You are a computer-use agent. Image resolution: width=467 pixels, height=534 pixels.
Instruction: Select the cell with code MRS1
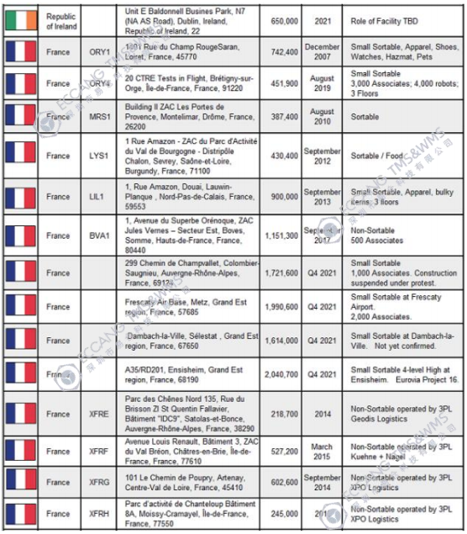pos(100,117)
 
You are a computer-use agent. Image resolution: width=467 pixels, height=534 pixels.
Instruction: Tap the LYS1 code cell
pos(100,156)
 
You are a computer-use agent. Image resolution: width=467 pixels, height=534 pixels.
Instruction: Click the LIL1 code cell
pos(100,197)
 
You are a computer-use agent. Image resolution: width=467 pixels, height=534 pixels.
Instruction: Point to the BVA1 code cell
pos(100,236)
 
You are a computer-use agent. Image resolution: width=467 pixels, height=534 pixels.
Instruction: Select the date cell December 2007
pos(323,52)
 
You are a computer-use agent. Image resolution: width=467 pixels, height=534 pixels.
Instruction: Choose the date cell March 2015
pos(323,452)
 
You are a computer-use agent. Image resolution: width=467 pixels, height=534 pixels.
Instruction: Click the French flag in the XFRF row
pos(20,452)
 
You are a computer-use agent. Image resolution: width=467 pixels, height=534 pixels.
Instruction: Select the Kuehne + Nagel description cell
pos(394,452)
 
